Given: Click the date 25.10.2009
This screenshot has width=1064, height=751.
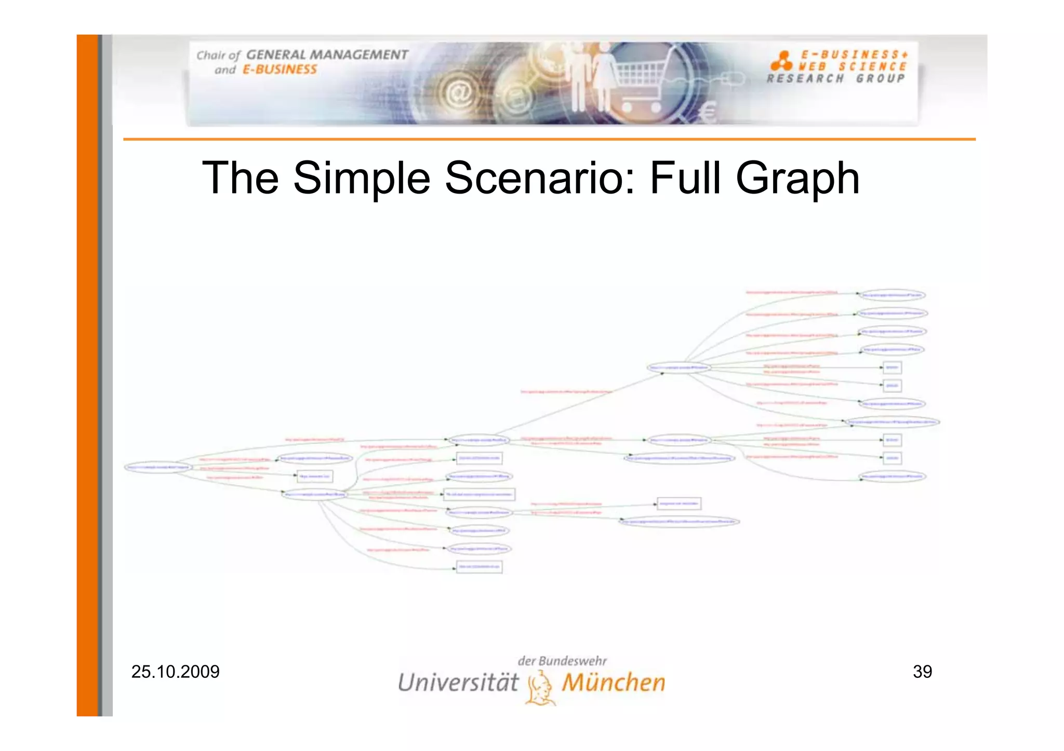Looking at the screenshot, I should click(175, 672).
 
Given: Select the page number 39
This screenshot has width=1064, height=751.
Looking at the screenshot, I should click(922, 672).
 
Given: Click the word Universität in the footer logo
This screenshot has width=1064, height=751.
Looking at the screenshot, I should click(458, 682).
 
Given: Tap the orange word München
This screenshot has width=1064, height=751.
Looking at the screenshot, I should click(613, 682).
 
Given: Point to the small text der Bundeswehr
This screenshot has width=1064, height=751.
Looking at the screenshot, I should click(562, 661).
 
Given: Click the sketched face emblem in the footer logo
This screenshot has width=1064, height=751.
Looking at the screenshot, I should click(540, 688).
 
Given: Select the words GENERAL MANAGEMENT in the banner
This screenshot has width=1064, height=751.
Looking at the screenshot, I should click(327, 55).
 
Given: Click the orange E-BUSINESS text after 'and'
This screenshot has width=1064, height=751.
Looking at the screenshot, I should click(280, 70).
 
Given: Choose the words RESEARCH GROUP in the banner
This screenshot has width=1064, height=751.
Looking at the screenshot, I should click(835, 78).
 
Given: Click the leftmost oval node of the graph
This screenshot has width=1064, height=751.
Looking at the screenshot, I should click(158, 467).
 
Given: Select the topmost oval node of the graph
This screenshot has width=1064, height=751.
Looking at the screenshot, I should click(892, 295).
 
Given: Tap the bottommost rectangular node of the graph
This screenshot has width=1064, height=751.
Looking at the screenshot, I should click(479, 567).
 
